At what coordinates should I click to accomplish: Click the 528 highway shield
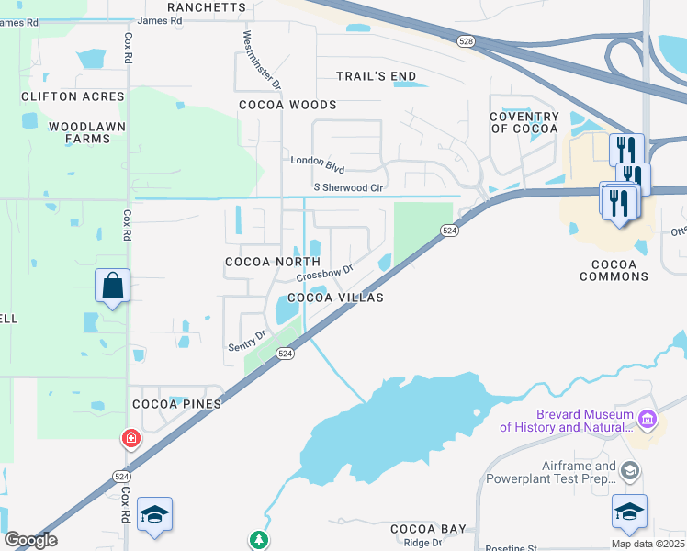click(x=466, y=40)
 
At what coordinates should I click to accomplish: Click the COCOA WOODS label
click(x=287, y=105)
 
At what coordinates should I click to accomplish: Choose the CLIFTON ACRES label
click(x=73, y=96)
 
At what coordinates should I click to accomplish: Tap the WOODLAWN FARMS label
click(x=80, y=132)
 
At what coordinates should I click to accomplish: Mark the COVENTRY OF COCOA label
click(x=524, y=122)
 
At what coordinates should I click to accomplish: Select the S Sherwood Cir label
click(x=348, y=187)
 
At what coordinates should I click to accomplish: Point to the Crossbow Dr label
click(x=324, y=274)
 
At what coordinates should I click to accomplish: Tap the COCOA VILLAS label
click(x=335, y=298)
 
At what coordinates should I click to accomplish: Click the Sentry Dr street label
click(x=247, y=341)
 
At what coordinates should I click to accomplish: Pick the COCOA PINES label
click(x=174, y=403)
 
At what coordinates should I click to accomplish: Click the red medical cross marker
click(x=132, y=439)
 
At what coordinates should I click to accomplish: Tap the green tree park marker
click(x=259, y=540)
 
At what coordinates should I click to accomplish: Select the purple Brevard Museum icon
click(x=648, y=420)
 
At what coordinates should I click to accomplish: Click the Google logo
click(x=31, y=540)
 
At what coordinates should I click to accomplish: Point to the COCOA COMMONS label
click(x=614, y=270)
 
